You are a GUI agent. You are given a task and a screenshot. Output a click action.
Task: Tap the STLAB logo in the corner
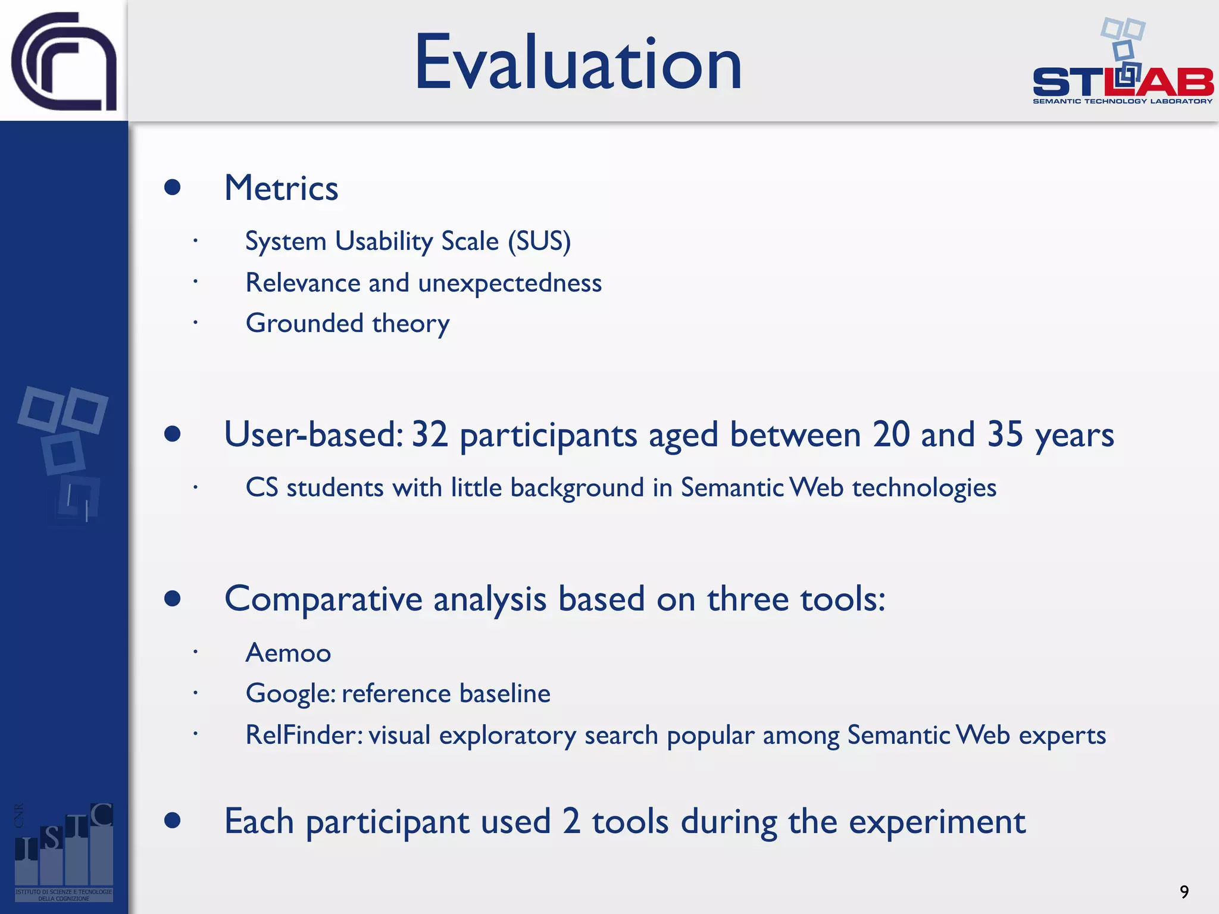pos(1123,65)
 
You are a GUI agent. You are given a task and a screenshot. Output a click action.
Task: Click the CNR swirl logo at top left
pos(64,61)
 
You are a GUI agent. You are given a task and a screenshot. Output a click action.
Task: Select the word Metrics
pos(281,188)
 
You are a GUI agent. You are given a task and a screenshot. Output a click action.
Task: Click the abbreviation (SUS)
pos(539,242)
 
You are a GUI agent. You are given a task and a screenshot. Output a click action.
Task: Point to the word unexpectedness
pos(510,283)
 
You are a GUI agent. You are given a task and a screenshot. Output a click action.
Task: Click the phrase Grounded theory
pos(348,324)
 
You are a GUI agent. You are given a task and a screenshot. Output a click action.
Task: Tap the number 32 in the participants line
pos(429,434)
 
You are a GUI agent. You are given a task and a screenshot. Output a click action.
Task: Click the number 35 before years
pos(1005,434)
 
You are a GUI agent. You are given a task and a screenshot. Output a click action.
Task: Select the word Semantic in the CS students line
pos(732,488)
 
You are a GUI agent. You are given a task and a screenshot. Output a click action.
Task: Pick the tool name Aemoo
pos(288,653)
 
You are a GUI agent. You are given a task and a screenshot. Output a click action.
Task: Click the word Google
pos(290,694)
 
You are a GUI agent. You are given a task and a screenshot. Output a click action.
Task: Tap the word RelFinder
pos(304,735)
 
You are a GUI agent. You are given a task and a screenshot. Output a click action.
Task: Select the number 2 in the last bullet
pos(571,821)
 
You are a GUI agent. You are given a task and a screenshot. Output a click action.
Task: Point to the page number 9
pos(1184,891)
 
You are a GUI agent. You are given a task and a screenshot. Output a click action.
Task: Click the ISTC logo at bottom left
pos(64,851)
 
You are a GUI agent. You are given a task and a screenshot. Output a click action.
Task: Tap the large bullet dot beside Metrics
pos(173,187)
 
